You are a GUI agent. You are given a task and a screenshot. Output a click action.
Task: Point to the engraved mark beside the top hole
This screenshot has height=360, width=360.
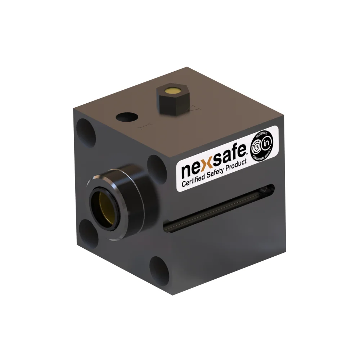[x=146, y=126]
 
